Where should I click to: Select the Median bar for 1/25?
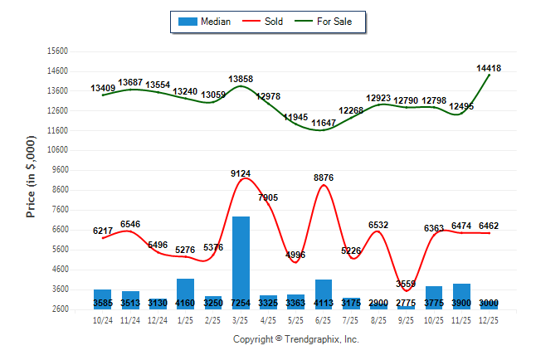point(186,294)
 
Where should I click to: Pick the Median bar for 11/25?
point(462,296)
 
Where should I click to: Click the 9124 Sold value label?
point(241,173)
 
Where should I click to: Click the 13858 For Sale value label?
point(241,79)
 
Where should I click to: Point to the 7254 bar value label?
point(241,304)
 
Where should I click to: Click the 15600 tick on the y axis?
point(57,51)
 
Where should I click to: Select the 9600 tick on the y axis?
point(60,170)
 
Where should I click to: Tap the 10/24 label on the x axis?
point(103,319)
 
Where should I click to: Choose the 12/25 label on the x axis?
point(490,319)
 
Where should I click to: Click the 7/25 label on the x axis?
point(351,319)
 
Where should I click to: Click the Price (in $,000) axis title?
point(31,179)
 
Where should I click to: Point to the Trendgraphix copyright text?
point(295,339)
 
